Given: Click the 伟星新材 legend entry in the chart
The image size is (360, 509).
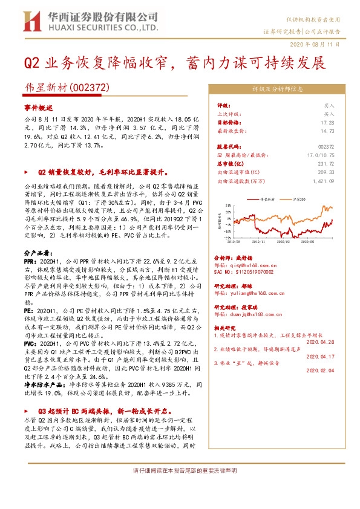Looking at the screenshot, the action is point(266,198).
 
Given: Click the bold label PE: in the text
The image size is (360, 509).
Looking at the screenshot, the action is point(28,310).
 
